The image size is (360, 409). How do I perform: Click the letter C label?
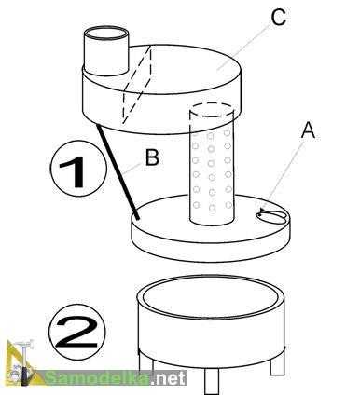pyautogui.click(x=278, y=17)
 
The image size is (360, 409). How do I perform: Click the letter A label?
pyautogui.click(x=308, y=130)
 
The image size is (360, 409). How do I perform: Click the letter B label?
pyautogui.click(x=153, y=157)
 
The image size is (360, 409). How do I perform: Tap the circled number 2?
pyautogui.click(x=77, y=332)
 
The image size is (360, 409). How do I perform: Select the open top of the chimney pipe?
pyautogui.click(x=106, y=33)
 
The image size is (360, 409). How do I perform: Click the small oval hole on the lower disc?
pyautogui.click(x=270, y=216)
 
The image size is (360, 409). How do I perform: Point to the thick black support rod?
pyautogui.click(x=118, y=171)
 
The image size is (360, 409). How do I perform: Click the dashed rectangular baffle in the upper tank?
pyautogui.click(x=137, y=84)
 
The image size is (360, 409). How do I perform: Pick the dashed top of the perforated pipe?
pyautogui.click(x=212, y=110)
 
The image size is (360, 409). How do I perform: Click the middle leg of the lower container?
pyautogui.click(x=212, y=381)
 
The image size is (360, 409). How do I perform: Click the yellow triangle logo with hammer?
pyautogui.click(x=22, y=363)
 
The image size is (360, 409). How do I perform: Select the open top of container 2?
pyautogui.click(x=212, y=296)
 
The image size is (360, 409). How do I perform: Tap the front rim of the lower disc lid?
pyautogui.click(x=212, y=244)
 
